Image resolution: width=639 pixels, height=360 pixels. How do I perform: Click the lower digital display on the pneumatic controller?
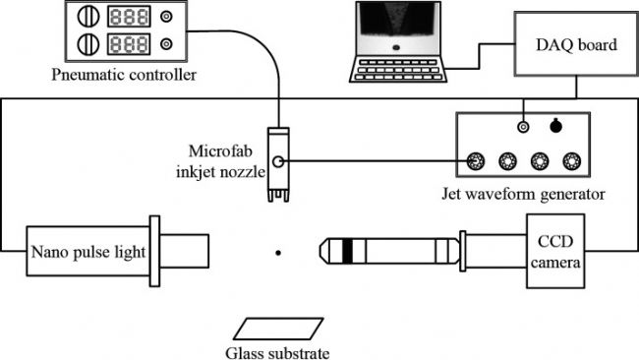129,44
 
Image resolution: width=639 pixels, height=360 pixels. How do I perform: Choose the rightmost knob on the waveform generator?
571,161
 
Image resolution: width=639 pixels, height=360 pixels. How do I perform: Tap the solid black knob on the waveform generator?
556,125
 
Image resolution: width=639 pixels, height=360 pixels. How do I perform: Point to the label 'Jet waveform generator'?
522,194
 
